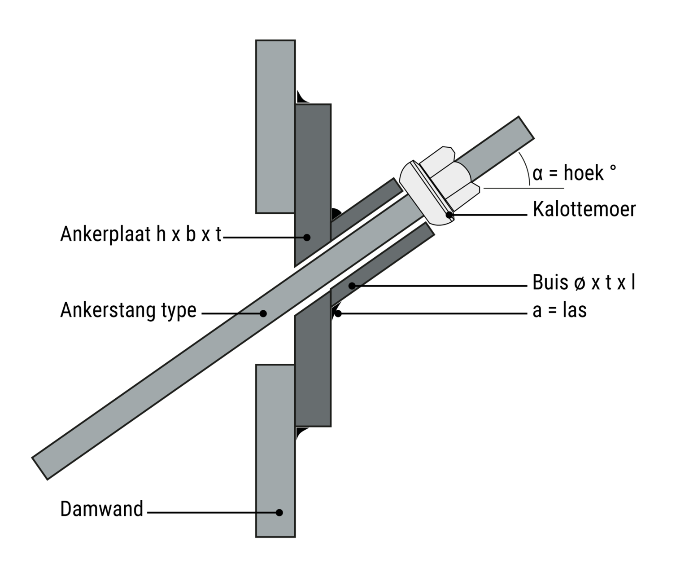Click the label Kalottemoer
(584, 210)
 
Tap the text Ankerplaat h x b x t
(141, 234)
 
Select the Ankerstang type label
(128, 310)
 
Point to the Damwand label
(101, 509)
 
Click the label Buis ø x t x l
(584, 283)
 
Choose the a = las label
(559, 310)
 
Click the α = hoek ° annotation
(574, 173)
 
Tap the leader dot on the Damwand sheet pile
(279, 512)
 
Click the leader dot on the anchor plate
(307, 237)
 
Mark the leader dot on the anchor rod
(264, 313)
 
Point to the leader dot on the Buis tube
(352, 286)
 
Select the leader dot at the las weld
(338, 313)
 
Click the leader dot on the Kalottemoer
(449, 215)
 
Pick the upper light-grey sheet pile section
(275, 126)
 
